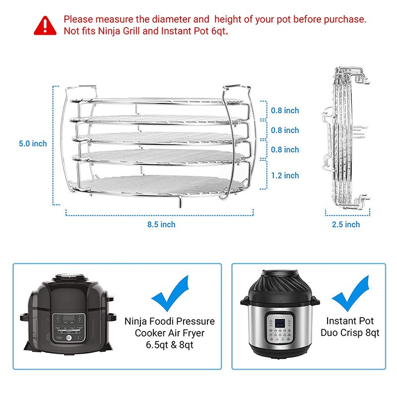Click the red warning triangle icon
(x=45, y=25)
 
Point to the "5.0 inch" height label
(x=33, y=143)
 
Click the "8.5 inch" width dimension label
(x=161, y=224)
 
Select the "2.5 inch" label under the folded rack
(x=346, y=224)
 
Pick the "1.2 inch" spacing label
(x=285, y=175)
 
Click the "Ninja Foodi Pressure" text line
(x=170, y=321)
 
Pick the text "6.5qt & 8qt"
(x=170, y=345)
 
